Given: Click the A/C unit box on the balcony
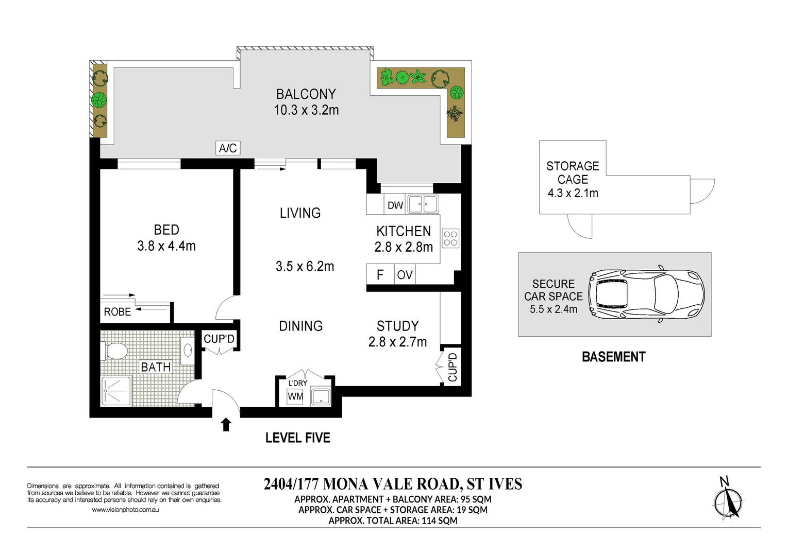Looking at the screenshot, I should tap(227, 148).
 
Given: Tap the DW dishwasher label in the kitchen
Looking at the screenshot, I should tap(395, 205).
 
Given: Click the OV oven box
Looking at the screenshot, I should tap(405, 275).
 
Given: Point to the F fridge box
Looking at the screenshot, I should tap(380, 275).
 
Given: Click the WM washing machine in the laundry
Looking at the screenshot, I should tap(295, 396).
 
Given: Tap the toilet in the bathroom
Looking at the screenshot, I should tap(115, 352).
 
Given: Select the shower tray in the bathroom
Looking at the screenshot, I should tap(116, 390).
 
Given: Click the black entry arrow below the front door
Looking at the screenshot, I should tap(226, 425).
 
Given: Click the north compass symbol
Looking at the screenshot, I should tap(728, 500).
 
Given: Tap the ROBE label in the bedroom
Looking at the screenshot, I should tap(118, 312).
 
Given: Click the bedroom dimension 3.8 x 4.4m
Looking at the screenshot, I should tap(166, 246).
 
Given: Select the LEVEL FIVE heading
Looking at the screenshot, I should tap(297, 438).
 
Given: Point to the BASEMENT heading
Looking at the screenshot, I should tap(613, 357).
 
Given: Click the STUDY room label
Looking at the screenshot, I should tap(397, 326).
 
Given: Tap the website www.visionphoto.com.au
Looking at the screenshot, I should tap(125, 510).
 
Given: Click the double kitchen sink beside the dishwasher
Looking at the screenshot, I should tap(423, 204).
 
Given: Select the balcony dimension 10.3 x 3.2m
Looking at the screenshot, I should tap(306, 110).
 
